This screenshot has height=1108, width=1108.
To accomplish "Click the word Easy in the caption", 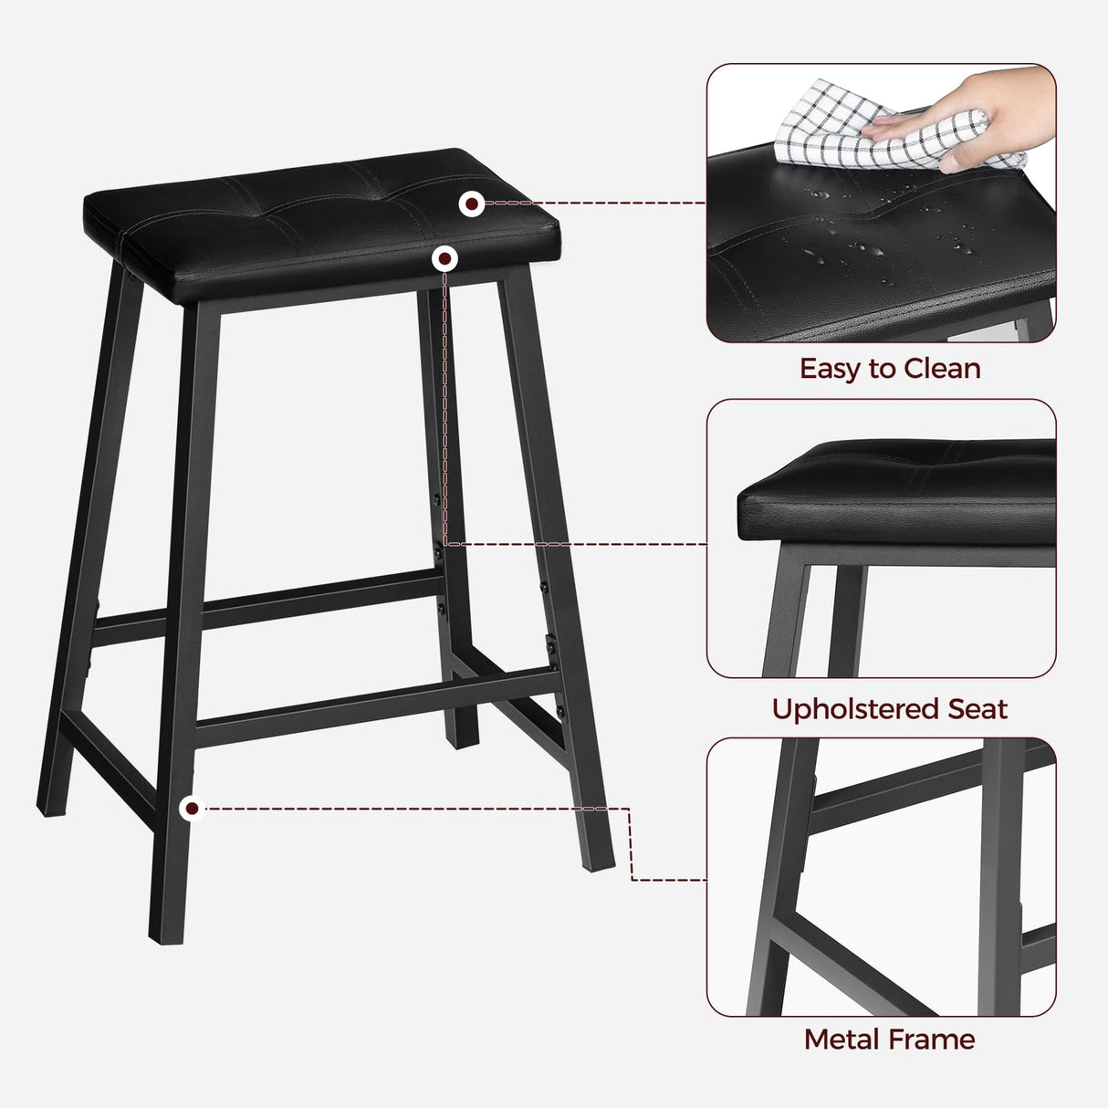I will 831,369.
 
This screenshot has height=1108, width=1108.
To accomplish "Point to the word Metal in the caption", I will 840,1040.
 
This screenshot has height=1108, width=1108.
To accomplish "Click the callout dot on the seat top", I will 471,204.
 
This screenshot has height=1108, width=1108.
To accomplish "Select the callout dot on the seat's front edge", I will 444,259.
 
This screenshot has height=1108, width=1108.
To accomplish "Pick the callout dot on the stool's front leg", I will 192,808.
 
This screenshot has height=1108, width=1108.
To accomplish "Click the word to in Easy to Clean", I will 883,369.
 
